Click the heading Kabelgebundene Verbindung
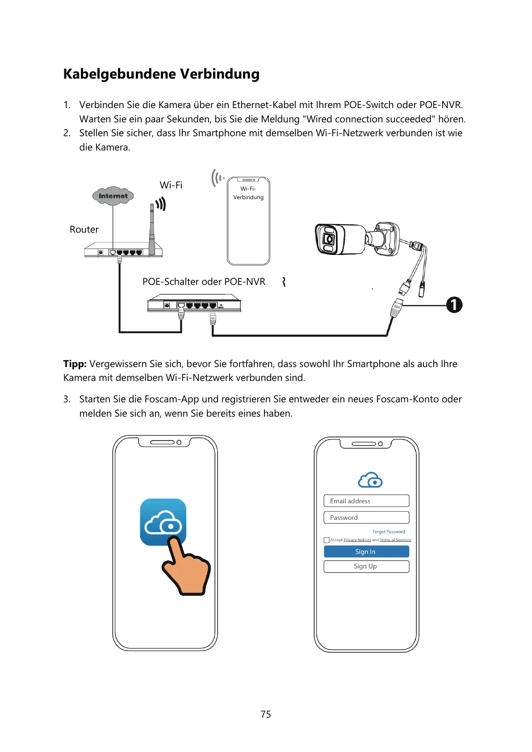pos(161,74)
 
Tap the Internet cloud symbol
pos(113,196)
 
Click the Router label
pos(84,230)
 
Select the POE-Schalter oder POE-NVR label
pos(204,282)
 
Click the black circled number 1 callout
pos(454,305)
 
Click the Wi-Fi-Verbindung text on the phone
pos(248,193)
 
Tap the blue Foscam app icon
pos(163,522)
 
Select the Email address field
pos(366,501)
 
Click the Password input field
pos(366,518)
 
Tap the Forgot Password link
pos(389,532)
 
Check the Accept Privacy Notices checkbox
pos(327,540)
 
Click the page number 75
pos(266,714)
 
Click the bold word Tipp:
pos(75,364)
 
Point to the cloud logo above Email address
pos(370,480)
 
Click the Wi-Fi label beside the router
pos(171,185)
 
